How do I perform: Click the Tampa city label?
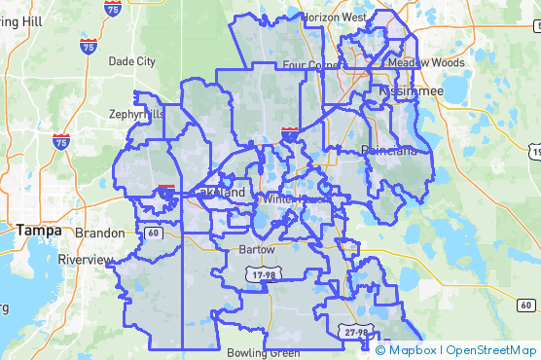click(39, 231)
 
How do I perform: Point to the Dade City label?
click(132, 60)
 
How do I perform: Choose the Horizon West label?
click(334, 18)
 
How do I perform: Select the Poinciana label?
click(388, 150)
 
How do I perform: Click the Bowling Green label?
click(258, 352)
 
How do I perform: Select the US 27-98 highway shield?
click(355, 332)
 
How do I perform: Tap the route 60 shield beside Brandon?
click(155, 233)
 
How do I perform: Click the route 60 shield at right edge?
click(526, 306)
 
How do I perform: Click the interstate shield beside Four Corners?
click(290, 131)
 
